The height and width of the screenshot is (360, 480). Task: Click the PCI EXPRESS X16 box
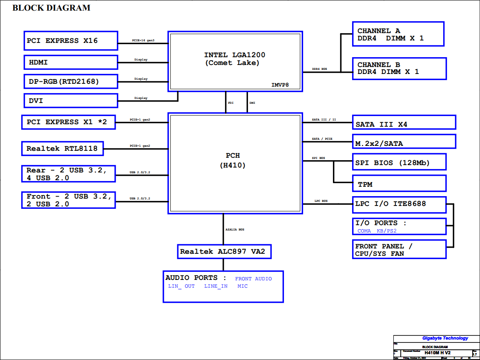tap(71, 40)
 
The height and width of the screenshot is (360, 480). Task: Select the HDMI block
tap(71, 62)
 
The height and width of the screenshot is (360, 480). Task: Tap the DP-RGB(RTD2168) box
tap(71, 81)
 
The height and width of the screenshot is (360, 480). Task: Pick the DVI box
tap(71, 101)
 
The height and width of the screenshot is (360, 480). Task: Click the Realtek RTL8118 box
tap(62, 148)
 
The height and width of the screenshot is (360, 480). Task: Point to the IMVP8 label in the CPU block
tap(281, 85)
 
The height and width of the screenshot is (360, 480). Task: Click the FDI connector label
tap(231, 103)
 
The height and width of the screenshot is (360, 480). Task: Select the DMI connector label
tap(252, 103)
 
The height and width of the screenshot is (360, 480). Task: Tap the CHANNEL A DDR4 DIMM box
tap(398, 34)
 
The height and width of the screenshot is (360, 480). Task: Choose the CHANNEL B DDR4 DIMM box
tap(399, 68)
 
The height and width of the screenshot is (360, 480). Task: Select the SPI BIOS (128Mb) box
tap(399, 162)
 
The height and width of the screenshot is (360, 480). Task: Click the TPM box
tap(399, 183)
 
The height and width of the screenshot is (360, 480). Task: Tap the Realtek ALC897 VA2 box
tap(224, 251)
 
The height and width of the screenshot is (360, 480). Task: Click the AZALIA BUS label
tap(235, 230)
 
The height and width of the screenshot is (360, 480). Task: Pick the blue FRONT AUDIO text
tap(253, 279)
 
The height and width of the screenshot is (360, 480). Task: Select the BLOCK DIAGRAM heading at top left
tap(51, 8)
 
